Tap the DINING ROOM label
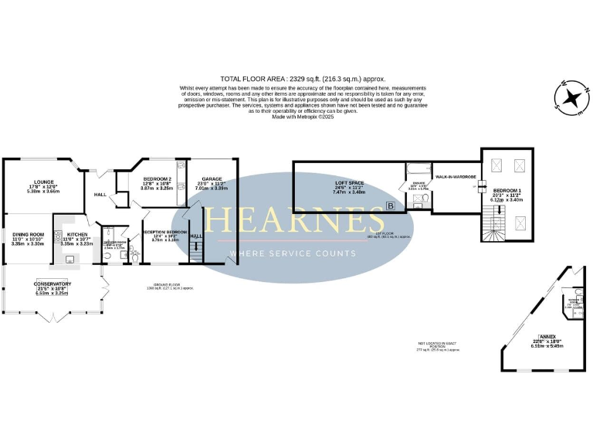pyautogui.click(x=25, y=234)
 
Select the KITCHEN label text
pyautogui.click(x=76, y=234)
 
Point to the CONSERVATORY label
pyautogui.click(x=52, y=283)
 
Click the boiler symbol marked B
pyautogui.click(x=391, y=206)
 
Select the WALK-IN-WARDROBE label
pyautogui.click(x=454, y=177)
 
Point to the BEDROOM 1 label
pyautogui.click(x=507, y=190)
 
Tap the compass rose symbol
pyautogui.click(x=572, y=97)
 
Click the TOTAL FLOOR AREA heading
pyautogui.click(x=303, y=79)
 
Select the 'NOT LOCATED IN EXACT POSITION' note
pyautogui.click(x=438, y=346)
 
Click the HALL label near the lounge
pyautogui.click(x=100, y=195)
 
